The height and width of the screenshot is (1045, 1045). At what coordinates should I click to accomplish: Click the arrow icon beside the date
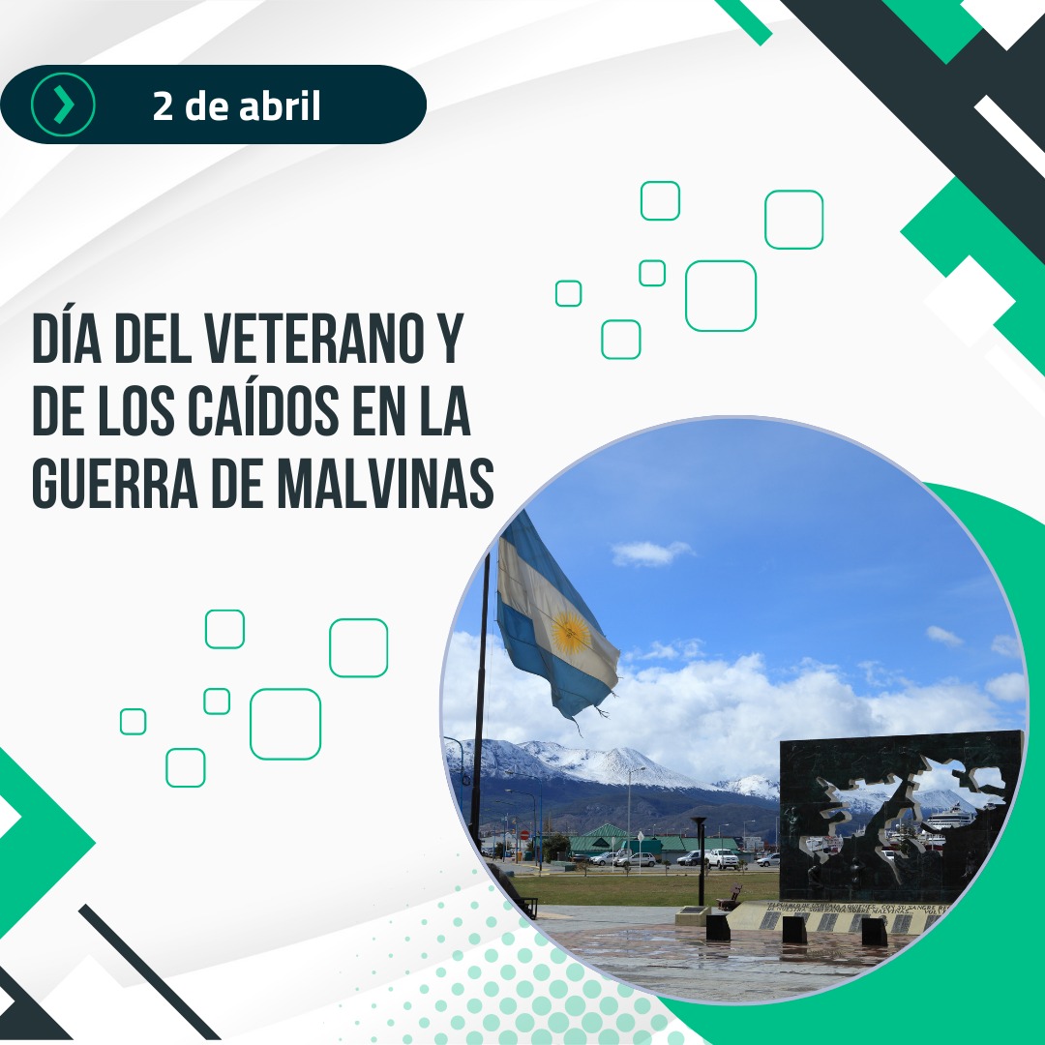pyautogui.click(x=63, y=104)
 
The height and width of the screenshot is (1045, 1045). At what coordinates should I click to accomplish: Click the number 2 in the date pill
pyautogui.click(x=163, y=105)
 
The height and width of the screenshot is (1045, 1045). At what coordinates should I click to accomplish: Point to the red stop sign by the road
pyautogui.click(x=525, y=834)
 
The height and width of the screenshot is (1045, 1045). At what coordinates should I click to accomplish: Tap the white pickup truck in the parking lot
pyautogui.click(x=721, y=857)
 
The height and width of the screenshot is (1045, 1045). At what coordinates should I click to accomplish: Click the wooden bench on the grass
pyautogui.click(x=730, y=897)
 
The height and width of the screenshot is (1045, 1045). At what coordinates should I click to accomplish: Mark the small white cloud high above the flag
pyautogui.click(x=650, y=552)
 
